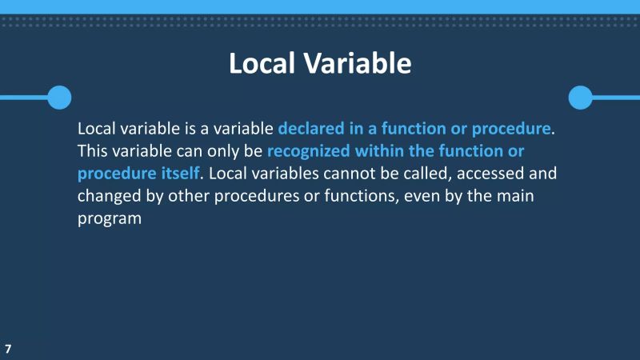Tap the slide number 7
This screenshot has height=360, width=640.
[8, 349]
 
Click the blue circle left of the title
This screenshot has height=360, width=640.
[59, 98]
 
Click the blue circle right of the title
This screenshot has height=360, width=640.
[580, 98]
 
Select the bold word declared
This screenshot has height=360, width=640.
[308, 129]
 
